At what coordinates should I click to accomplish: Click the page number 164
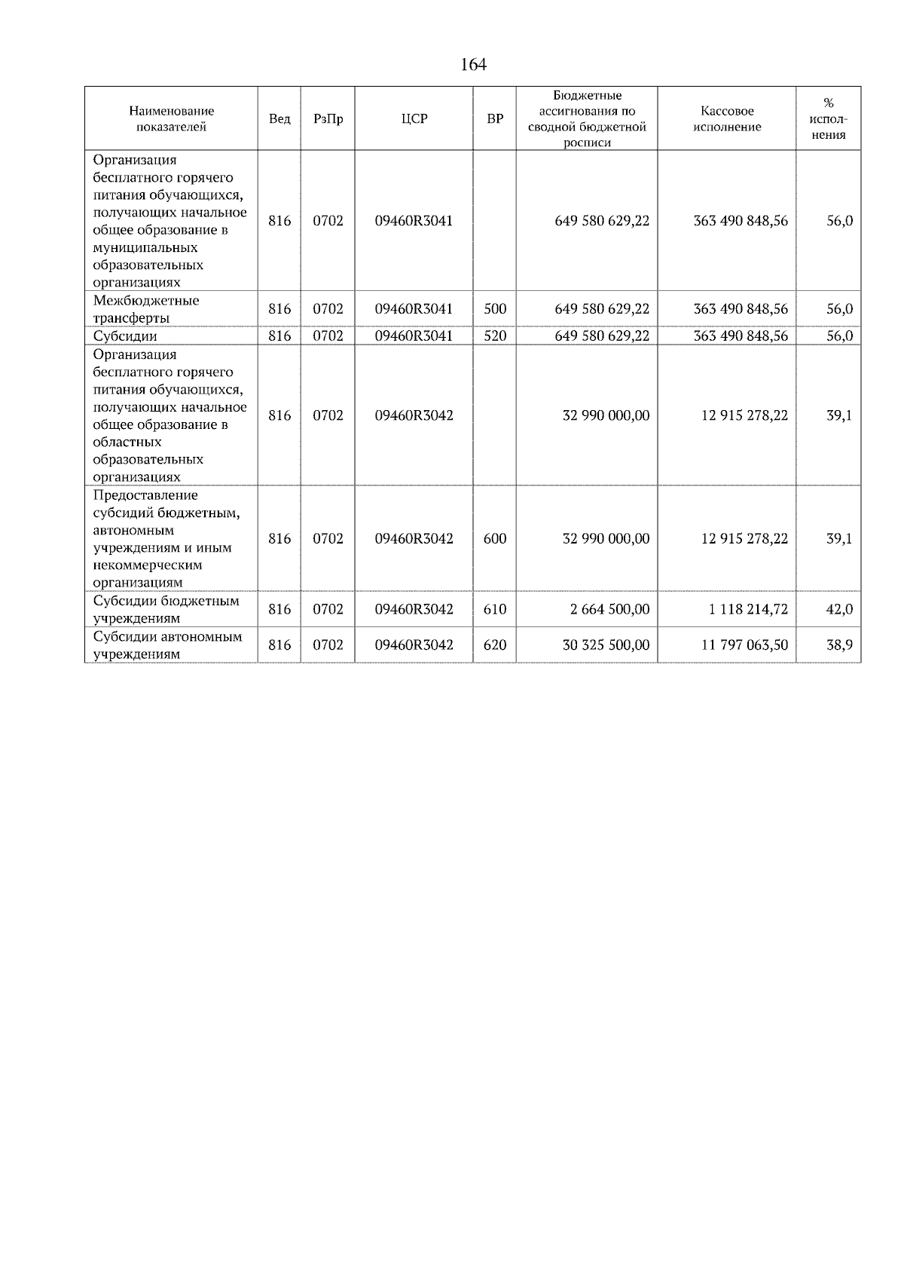point(473,65)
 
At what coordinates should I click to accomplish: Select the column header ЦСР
point(414,119)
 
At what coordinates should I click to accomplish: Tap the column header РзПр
point(328,119)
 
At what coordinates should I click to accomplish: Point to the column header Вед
point(279,119)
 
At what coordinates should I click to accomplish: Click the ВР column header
point(495,119)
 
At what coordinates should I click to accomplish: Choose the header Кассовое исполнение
point(726,119)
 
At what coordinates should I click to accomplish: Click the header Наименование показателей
point(171,119)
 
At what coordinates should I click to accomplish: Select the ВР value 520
point(495,336)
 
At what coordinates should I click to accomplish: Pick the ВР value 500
point(495,309)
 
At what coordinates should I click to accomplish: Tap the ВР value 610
point(495,609)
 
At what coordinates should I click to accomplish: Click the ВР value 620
point(495,645)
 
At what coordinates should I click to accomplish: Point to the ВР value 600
point(495,539)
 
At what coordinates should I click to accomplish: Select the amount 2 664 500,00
point(609,609)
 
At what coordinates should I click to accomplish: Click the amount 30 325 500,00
point(606,645)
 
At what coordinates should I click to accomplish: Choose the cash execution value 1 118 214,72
point(747,609)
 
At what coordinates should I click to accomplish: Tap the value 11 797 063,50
point(744,645)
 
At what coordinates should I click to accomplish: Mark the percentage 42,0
point(839,609)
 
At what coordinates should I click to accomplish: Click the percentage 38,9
point(839,645)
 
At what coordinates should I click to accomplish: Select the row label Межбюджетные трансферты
point(146,309)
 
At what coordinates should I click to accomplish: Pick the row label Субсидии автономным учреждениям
point(167,645)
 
